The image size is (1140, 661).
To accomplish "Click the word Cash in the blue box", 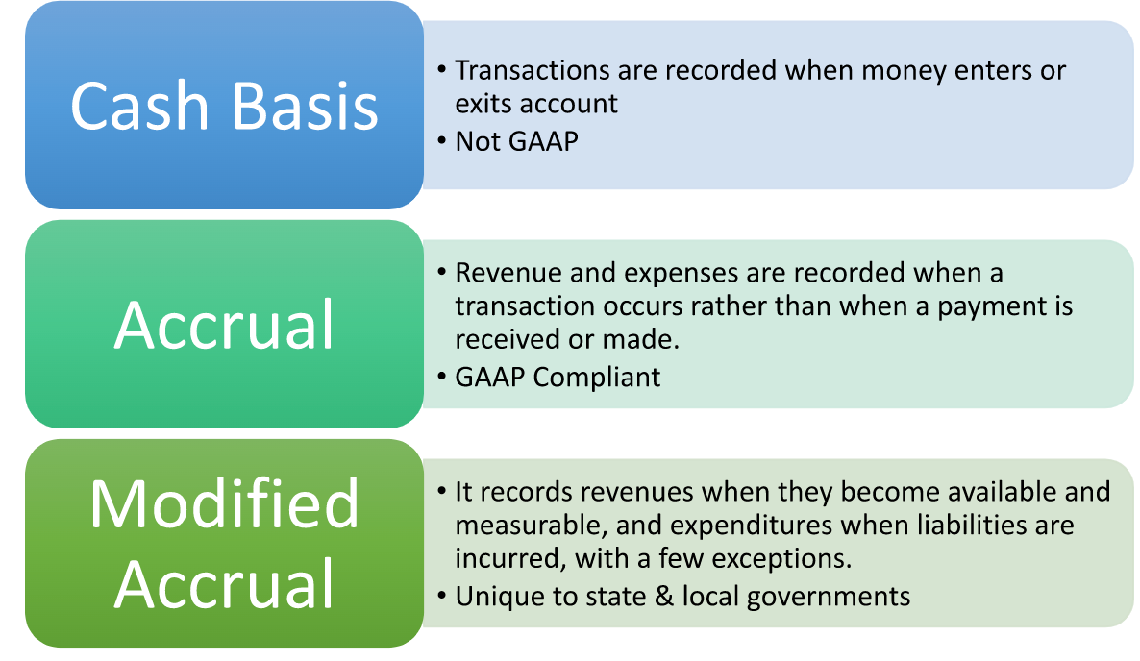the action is pos(139,106).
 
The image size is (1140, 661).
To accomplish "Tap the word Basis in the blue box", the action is pos(306,106).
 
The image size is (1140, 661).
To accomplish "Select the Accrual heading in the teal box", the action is pos(224,325).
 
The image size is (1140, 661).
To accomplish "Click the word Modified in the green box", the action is pos(224,503).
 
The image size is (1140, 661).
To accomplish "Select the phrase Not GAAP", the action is pos(517,141).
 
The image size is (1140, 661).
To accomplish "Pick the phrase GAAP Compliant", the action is pos(558,378).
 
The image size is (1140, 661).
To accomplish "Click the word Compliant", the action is pos(596,378).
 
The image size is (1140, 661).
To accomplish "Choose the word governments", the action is pos(829,597).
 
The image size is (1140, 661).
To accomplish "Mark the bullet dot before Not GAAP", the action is pos(442,141).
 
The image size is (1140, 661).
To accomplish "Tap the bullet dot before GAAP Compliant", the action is pos(442,377).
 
